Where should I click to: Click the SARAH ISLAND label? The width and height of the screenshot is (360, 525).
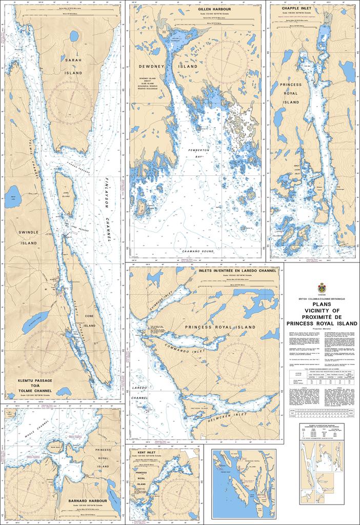click(x=73, y=67)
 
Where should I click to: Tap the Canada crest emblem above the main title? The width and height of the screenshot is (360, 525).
click(x=322, y=287)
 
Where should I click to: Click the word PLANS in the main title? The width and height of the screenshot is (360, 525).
click(x=322, y=304)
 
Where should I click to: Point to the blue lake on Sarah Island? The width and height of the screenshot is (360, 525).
click(x=74, y=36)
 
